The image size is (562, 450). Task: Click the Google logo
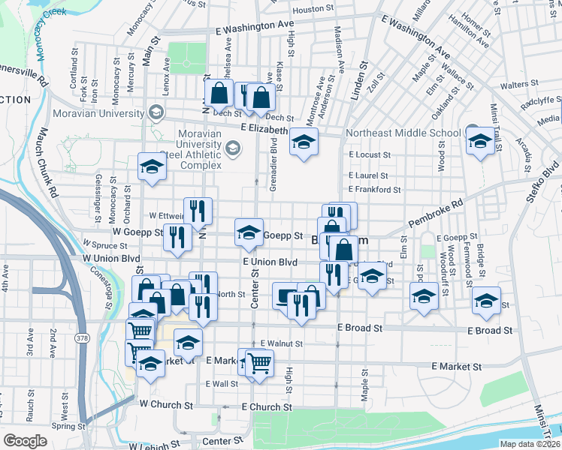point(26,441)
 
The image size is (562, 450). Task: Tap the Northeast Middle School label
point(403,133)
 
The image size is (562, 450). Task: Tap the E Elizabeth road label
point(264,129)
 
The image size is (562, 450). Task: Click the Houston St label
point(313,9)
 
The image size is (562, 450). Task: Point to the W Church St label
point(166,404)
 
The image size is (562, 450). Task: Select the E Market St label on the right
point(456,367)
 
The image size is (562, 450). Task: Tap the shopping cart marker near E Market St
point(259,364)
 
